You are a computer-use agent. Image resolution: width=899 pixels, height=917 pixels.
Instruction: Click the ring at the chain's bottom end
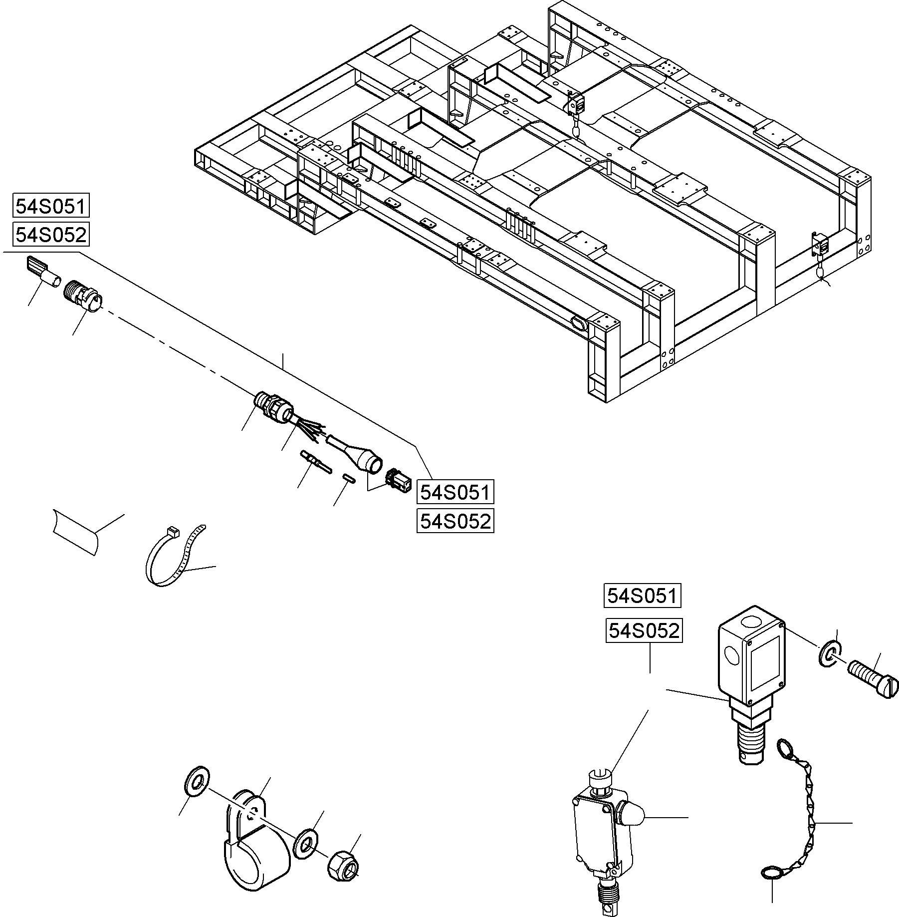coord(771,871)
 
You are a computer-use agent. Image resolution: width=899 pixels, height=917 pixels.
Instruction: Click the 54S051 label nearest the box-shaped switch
coord(642,596)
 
